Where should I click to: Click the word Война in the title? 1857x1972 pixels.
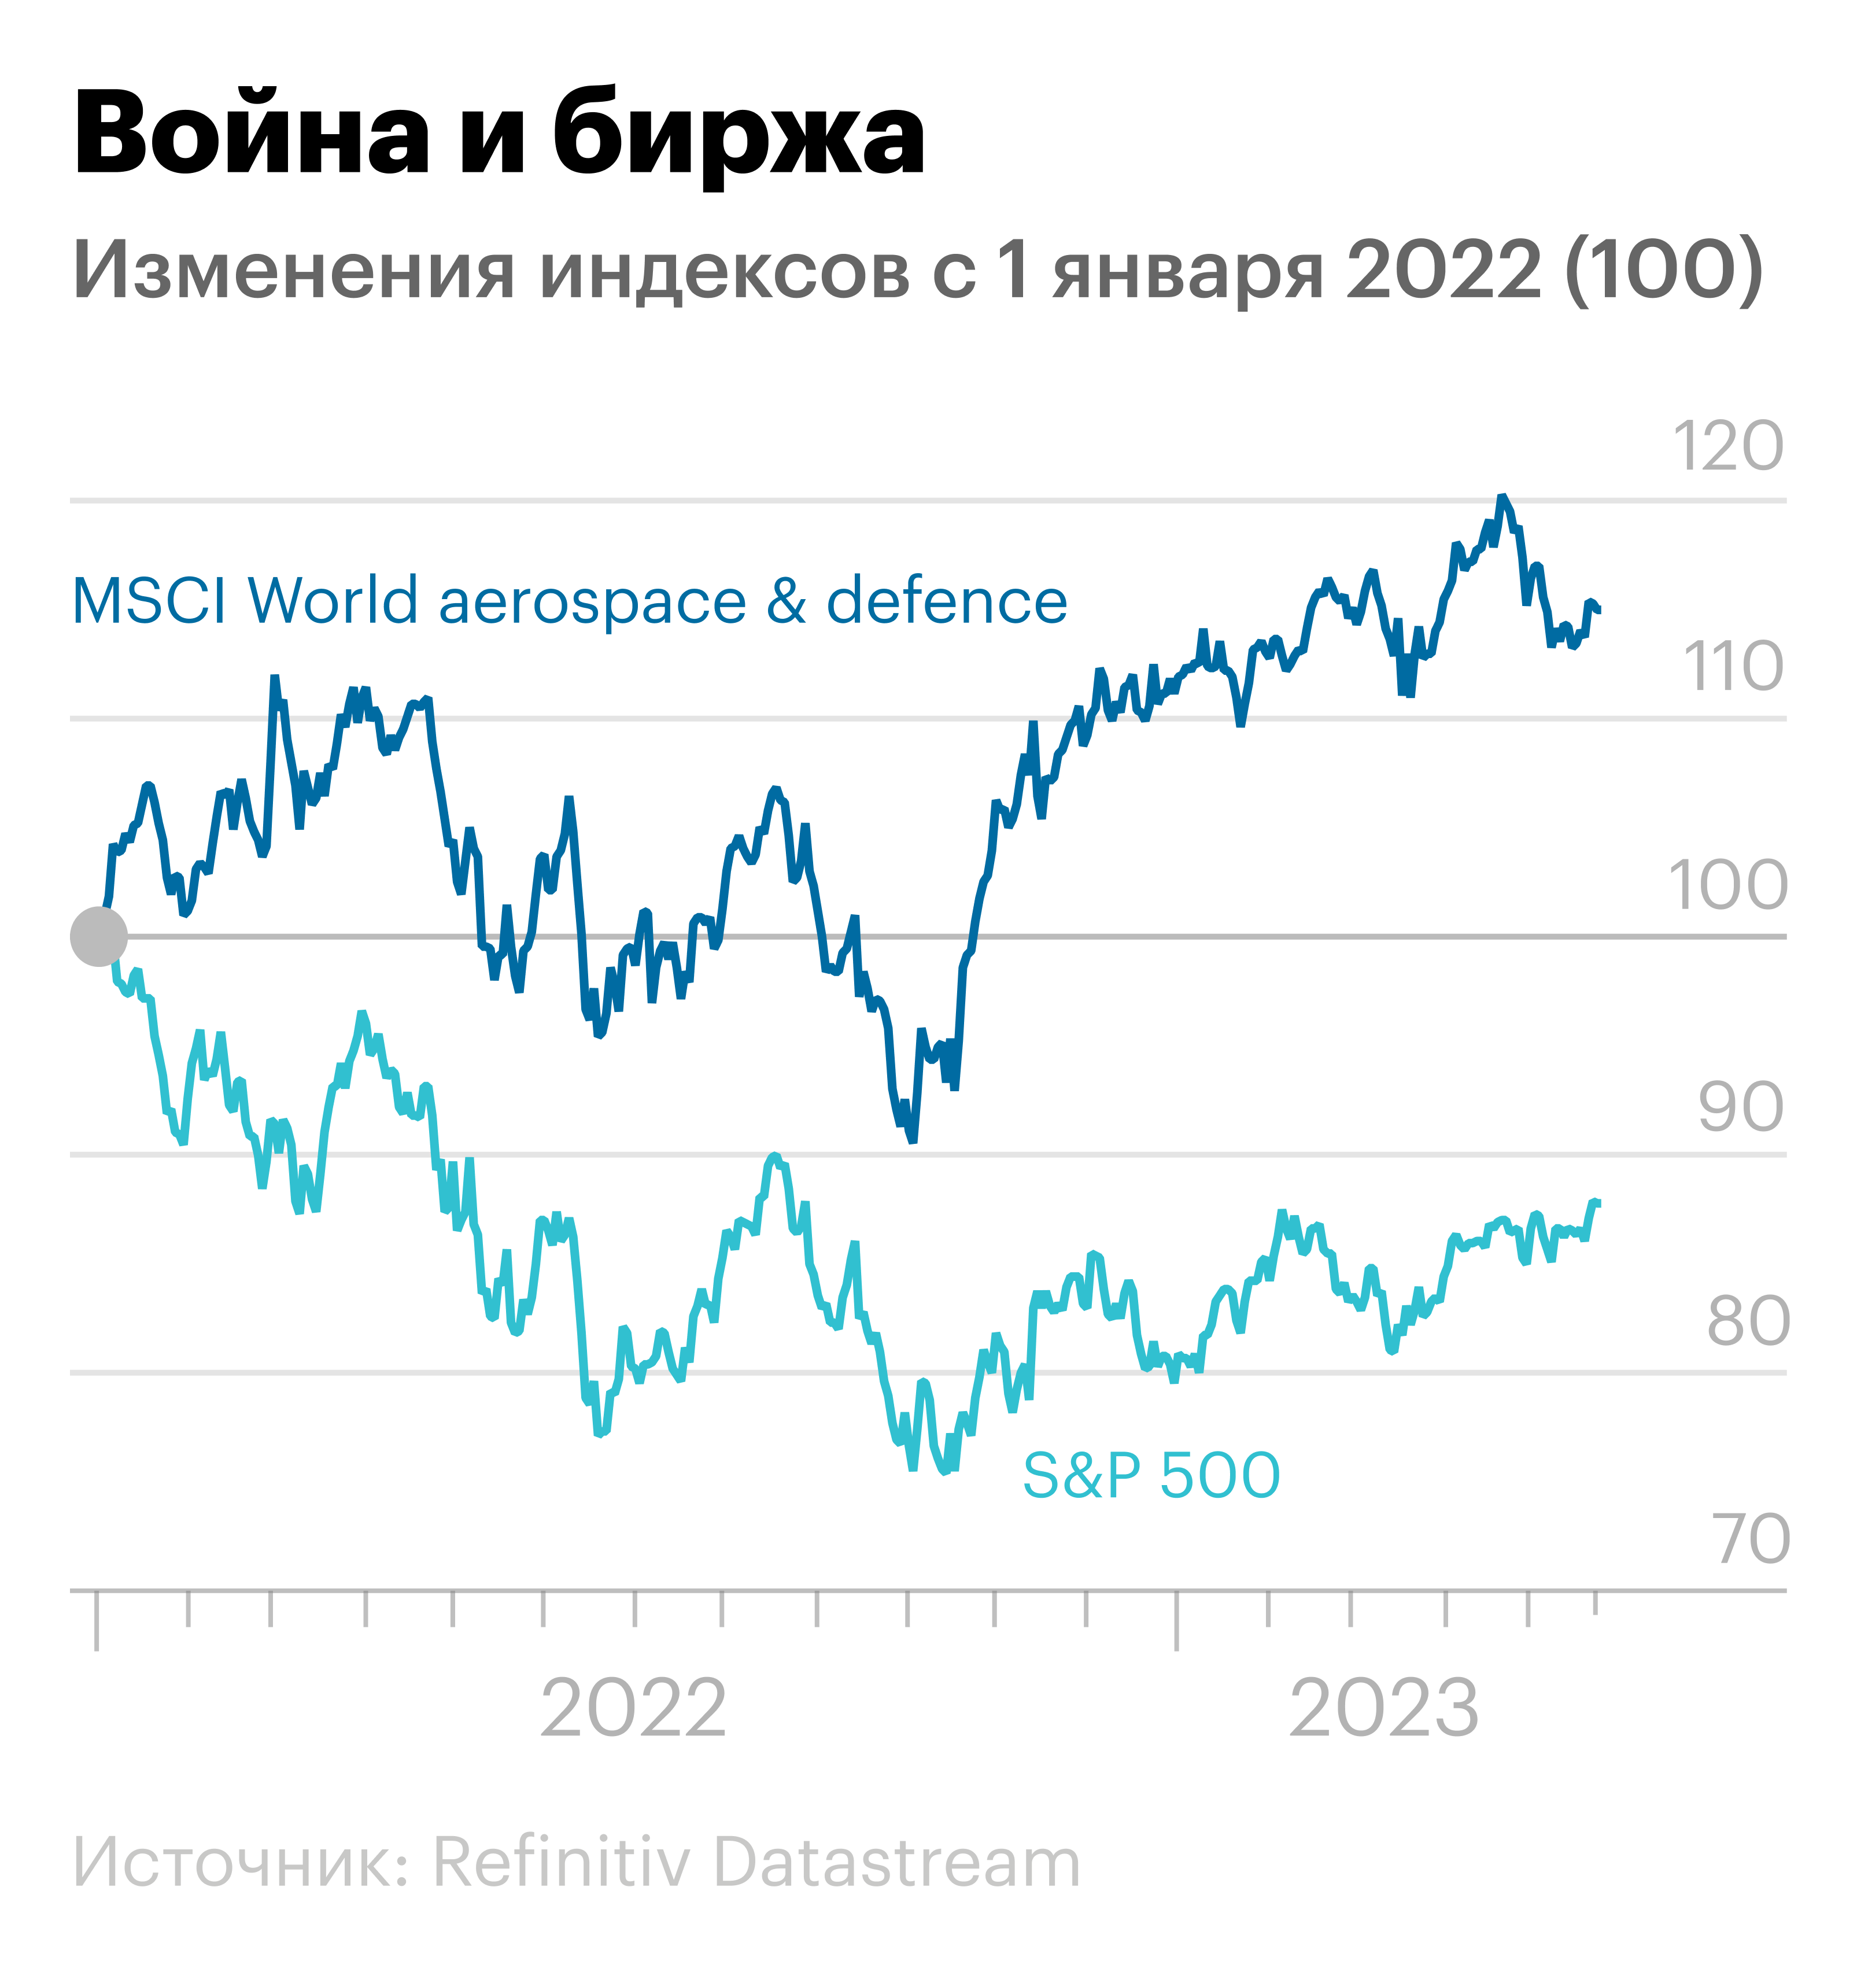[x=253, y=134]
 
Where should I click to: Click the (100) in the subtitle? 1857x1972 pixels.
[x=1664, y=270]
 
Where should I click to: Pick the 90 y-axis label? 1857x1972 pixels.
[x=1740, y=1107]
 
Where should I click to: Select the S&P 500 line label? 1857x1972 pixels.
[x=1151, y=1475]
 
